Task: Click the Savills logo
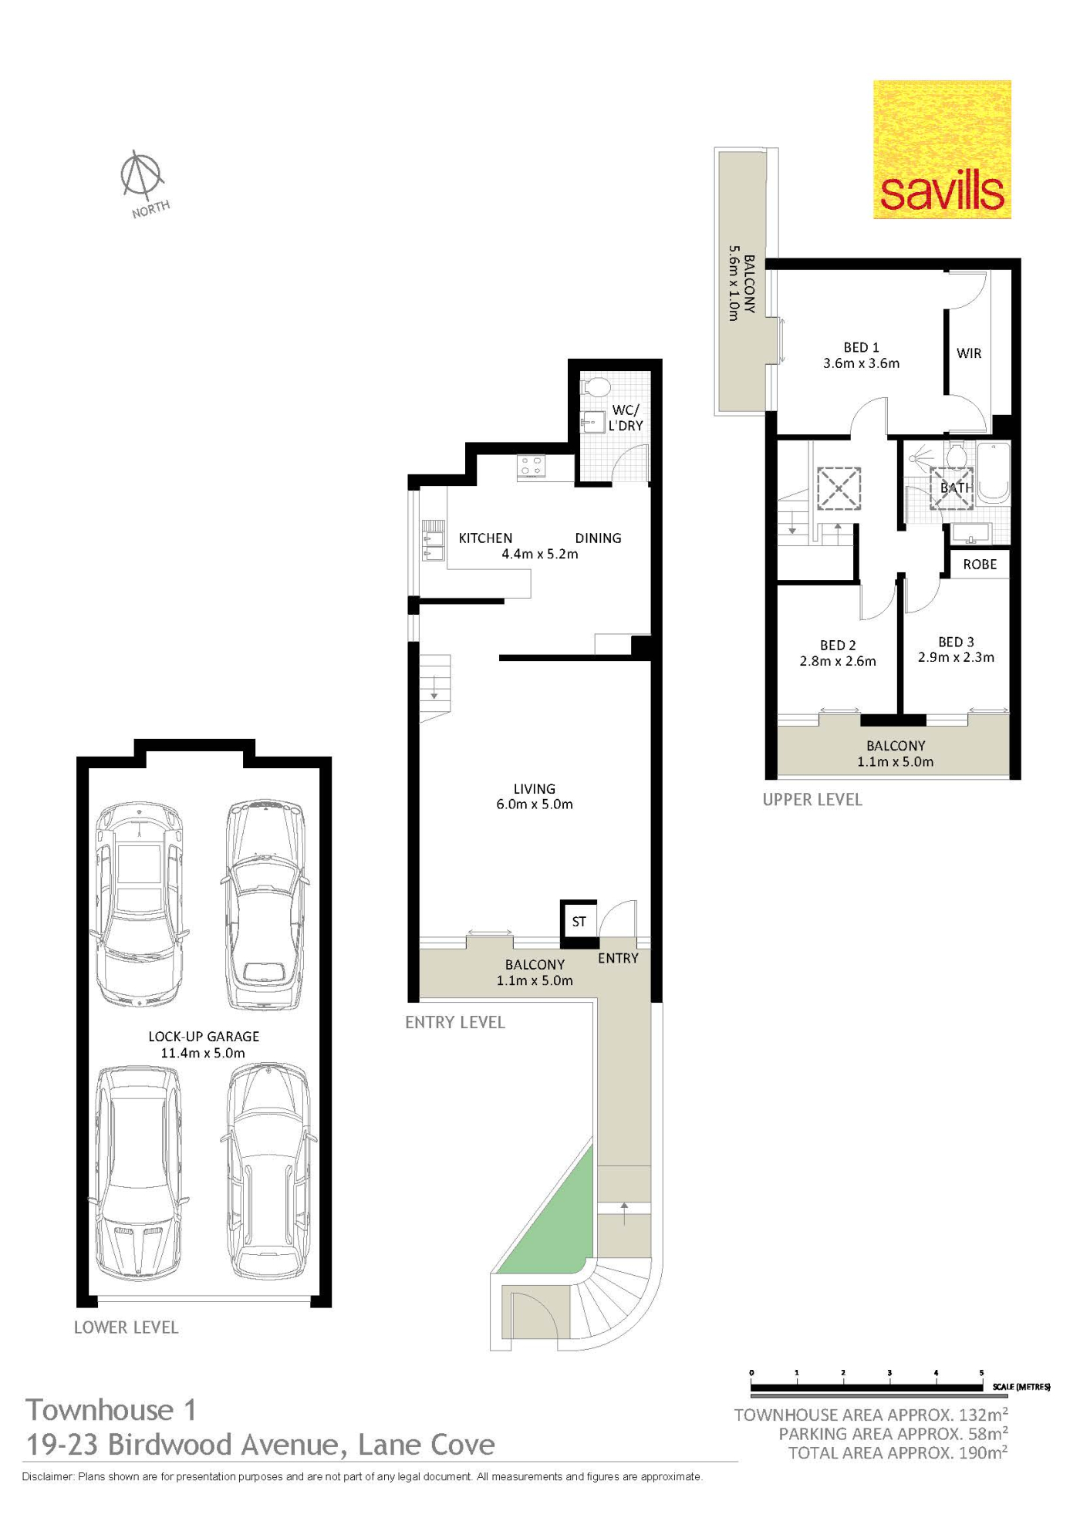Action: tap(942, 150)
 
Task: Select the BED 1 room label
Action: tap(861, 348)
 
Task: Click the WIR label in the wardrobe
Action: tap(969, 353)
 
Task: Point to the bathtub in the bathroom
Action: tap(993, 473)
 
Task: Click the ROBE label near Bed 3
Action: tap(980, 565)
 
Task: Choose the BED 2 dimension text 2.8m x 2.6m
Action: tap(838, 661)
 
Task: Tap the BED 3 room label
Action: tap(956, 642)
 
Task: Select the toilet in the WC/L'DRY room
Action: tap(595, 386)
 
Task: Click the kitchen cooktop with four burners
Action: tap(532, 466)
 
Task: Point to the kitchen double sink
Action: tap(433, 541)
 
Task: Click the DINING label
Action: tap(598, 538)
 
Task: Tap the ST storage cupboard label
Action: tap(579, 922)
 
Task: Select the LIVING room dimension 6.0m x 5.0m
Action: tap(535, 804)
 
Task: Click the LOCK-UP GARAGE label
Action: tap(204, 1037)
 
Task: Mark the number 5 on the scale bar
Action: tap(981, 1373)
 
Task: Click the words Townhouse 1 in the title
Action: tap(111, 1410)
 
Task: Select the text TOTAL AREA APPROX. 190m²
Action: tap(898, 1453)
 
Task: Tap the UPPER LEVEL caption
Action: tap(812, 800)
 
